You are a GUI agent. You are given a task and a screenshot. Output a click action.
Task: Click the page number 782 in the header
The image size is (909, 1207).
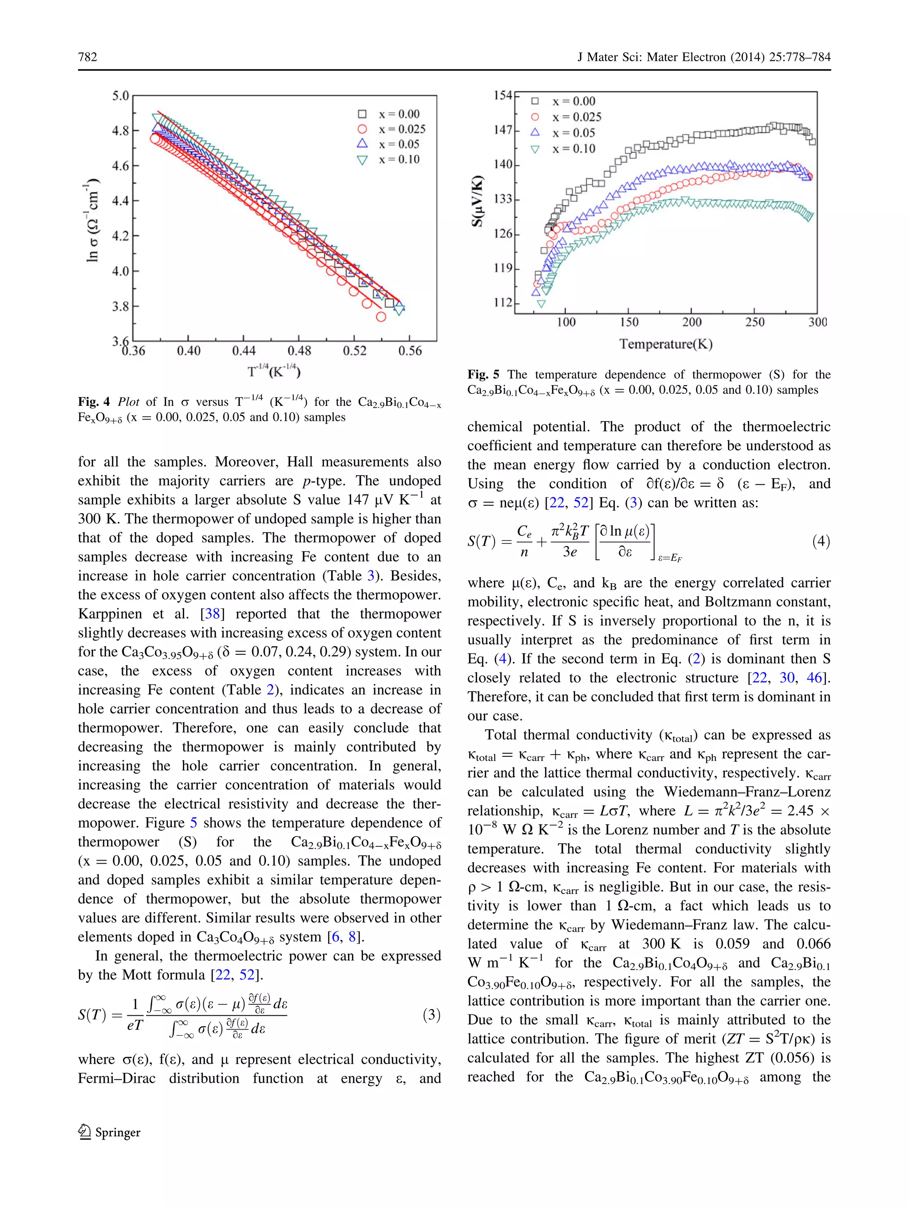87,57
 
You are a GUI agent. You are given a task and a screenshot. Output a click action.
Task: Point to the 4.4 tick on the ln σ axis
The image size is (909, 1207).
120,201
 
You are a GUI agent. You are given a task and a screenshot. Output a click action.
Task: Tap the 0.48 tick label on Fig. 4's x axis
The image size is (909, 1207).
299,351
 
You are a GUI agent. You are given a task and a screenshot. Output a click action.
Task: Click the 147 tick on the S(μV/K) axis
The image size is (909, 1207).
503,130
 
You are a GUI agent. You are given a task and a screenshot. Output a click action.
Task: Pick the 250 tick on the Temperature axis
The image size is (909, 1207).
755,322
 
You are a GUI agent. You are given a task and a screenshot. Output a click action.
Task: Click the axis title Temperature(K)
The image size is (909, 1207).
665,344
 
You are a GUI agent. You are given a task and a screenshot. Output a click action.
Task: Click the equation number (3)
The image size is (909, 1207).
431,1015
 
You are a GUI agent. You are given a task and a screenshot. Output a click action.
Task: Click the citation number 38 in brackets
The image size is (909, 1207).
212,614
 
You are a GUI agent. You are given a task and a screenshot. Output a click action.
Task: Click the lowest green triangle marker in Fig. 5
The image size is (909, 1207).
541,304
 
